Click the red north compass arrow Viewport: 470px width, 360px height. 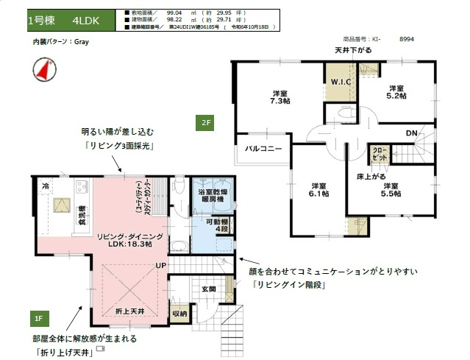coord(42,70)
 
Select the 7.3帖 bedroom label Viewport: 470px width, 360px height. coord(279,97)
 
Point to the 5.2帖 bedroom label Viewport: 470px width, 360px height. coord(396,92)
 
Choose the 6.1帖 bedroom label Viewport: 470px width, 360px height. coord(319,189)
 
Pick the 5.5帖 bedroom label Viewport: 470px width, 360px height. coord(391,190)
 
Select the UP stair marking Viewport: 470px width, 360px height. coord(160,265)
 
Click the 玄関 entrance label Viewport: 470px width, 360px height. coord(209,289)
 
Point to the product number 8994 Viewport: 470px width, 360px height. coord(407,40)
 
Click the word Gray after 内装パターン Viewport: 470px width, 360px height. coord(81,42)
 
